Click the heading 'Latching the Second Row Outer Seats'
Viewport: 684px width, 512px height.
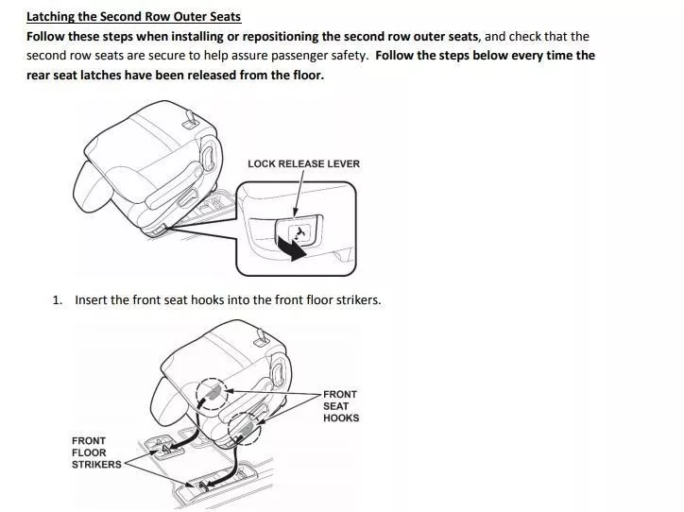point(133,17)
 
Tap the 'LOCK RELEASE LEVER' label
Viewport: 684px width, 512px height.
point(303,164)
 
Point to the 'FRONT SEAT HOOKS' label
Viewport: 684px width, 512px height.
point(341,406)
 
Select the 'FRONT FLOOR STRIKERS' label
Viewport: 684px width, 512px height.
point(96,452)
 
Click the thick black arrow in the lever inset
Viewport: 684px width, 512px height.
point(291,248)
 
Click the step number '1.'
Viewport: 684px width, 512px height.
point(58,300)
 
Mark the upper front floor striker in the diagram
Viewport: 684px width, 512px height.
point(165,449)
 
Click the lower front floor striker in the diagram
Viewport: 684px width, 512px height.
point(201,485)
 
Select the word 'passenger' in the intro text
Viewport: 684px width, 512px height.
point(297,56)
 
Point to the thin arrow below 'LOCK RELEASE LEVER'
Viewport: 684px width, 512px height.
point(299,194)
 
